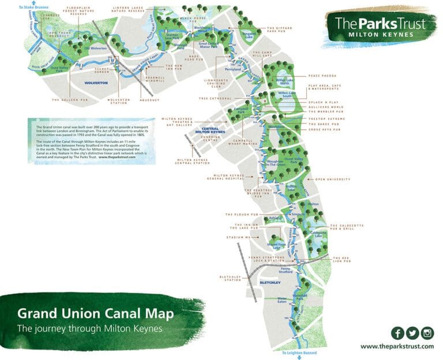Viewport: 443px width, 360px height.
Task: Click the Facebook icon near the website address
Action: coord(397,333)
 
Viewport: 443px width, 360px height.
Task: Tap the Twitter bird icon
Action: coord(412,333)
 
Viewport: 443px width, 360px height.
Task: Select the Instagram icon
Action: coord(427,333)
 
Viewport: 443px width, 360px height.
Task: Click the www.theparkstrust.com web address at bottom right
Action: coord(397,346)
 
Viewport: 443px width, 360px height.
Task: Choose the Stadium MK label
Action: coord(242,237)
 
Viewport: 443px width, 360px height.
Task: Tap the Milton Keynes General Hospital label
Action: coord(234,177)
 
